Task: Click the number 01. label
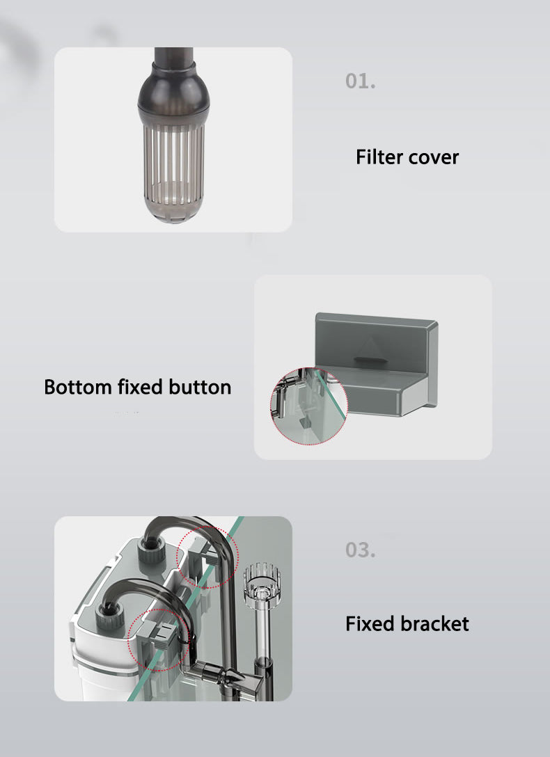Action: [360, 81]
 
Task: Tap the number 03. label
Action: [360, 550]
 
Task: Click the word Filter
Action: [379, 157]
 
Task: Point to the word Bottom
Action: [78, 387]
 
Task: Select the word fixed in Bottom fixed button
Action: [140, 387]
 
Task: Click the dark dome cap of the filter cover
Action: [173, 93]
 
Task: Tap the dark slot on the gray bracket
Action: [370, 359]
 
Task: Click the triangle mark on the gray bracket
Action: [370, 346]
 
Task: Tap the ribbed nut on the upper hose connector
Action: [150, 549]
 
